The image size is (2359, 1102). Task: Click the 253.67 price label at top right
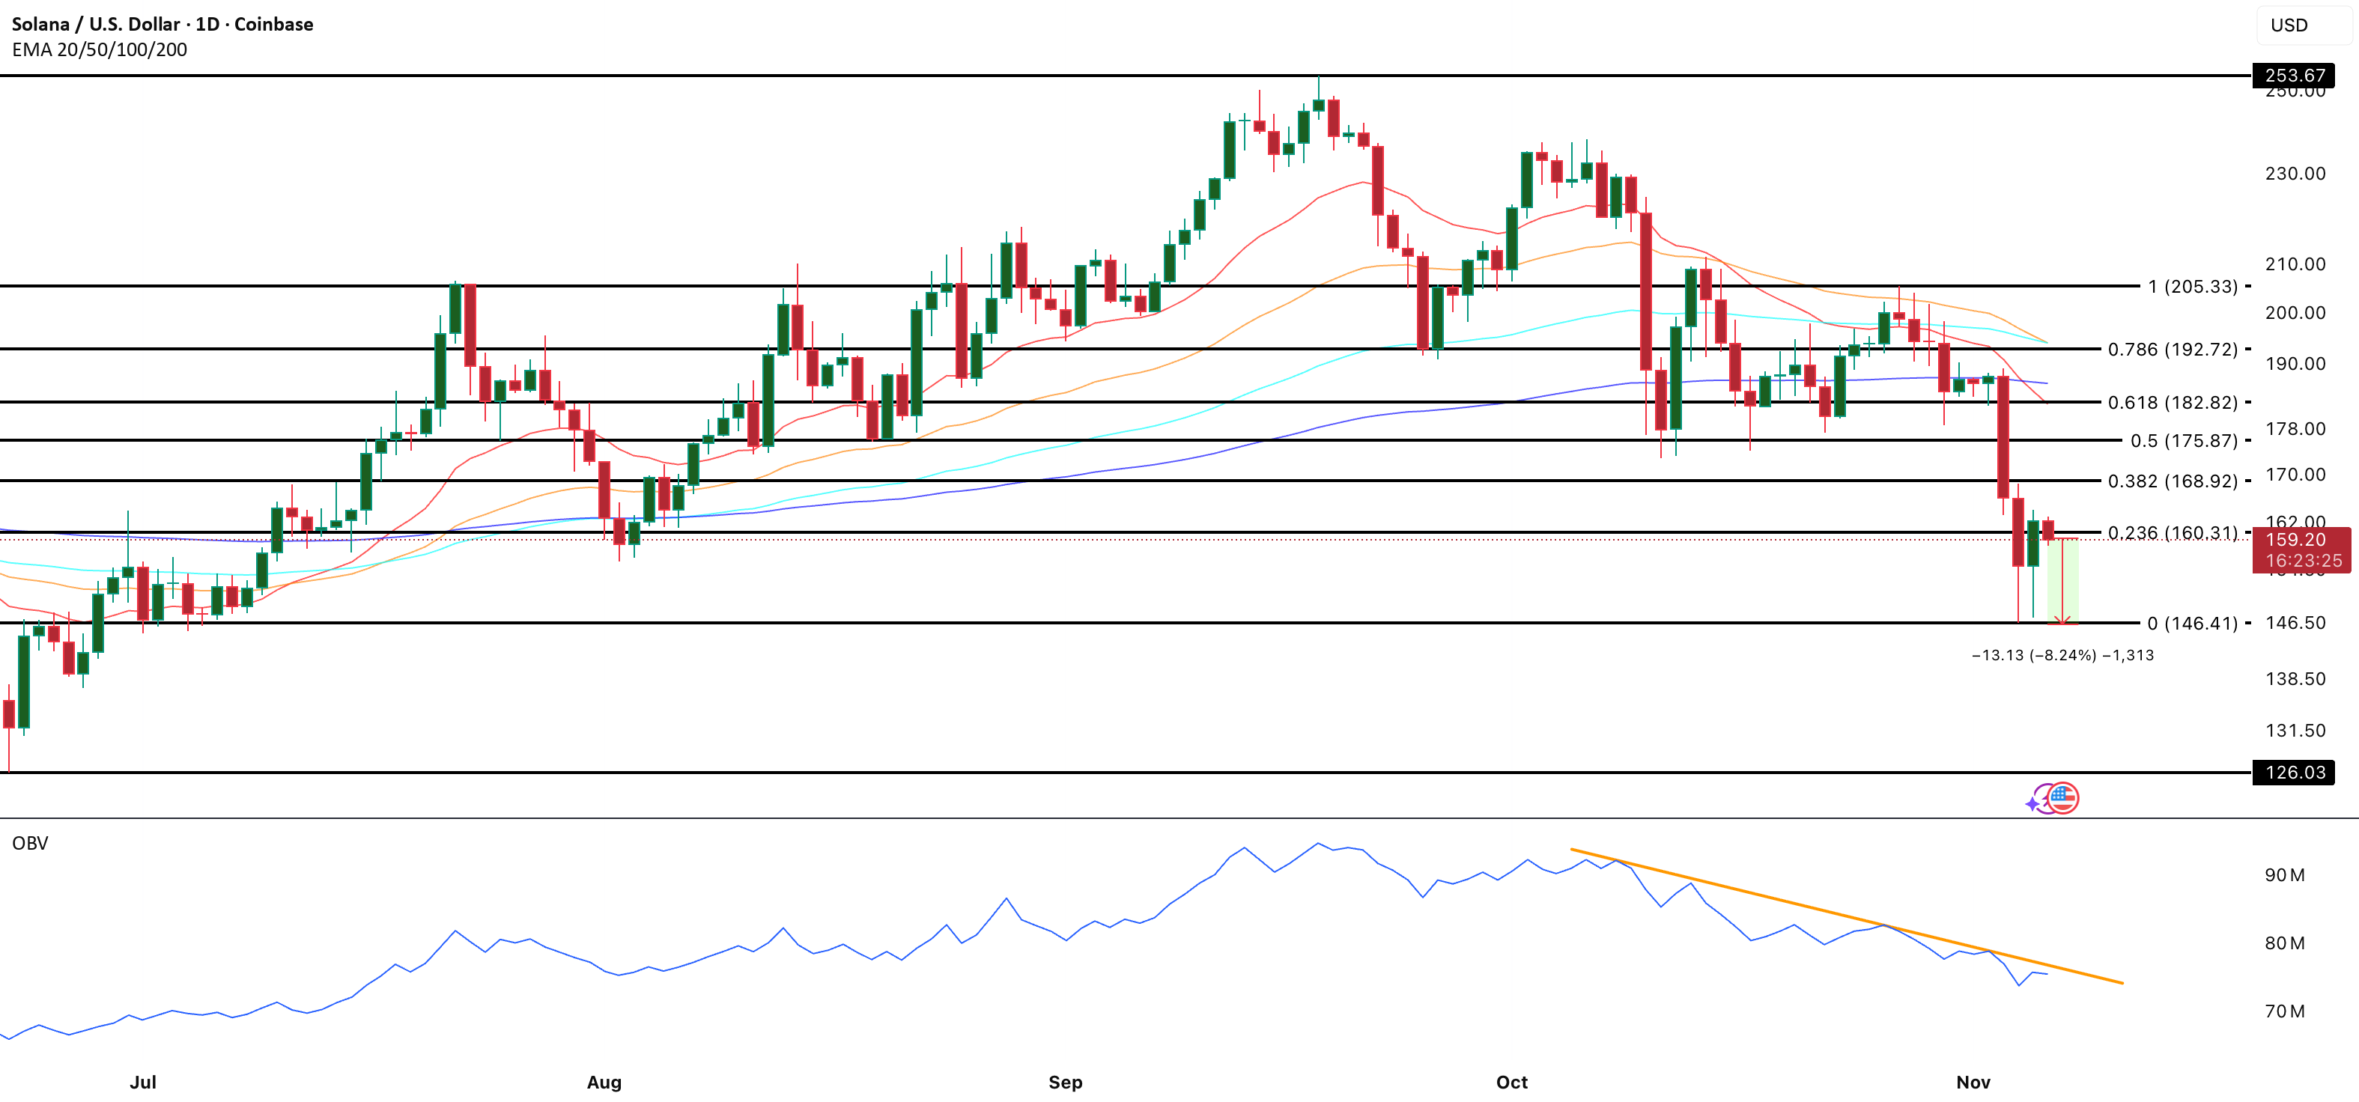coord(2294,75)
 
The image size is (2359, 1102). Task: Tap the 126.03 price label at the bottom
coord(2294,773)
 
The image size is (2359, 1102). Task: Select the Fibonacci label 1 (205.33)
coord(2192,287)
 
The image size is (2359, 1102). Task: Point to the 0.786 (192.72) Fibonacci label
coord(2173,350)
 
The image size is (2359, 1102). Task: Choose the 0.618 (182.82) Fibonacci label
coord(2173,403)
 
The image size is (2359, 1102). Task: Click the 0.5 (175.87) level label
coord(2183,441)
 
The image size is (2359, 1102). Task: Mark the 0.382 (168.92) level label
coord(2173,481)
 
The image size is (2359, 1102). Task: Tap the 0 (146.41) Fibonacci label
coord(2192,624)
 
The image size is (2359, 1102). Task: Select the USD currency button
coord(2289,25)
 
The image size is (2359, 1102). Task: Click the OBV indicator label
coord(30,843)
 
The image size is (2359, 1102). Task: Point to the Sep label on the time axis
coord(1065,1082)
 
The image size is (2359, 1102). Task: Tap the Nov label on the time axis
coord(1973,1082)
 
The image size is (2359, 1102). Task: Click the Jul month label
coord(143,1082)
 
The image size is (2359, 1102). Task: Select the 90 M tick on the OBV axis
coord(2284,875)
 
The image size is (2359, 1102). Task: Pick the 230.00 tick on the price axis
coord(2295,173)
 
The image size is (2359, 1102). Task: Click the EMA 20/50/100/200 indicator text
coord(99,50)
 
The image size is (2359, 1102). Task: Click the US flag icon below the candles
coord(2062,798)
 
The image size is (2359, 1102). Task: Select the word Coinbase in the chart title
coord(274,25)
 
